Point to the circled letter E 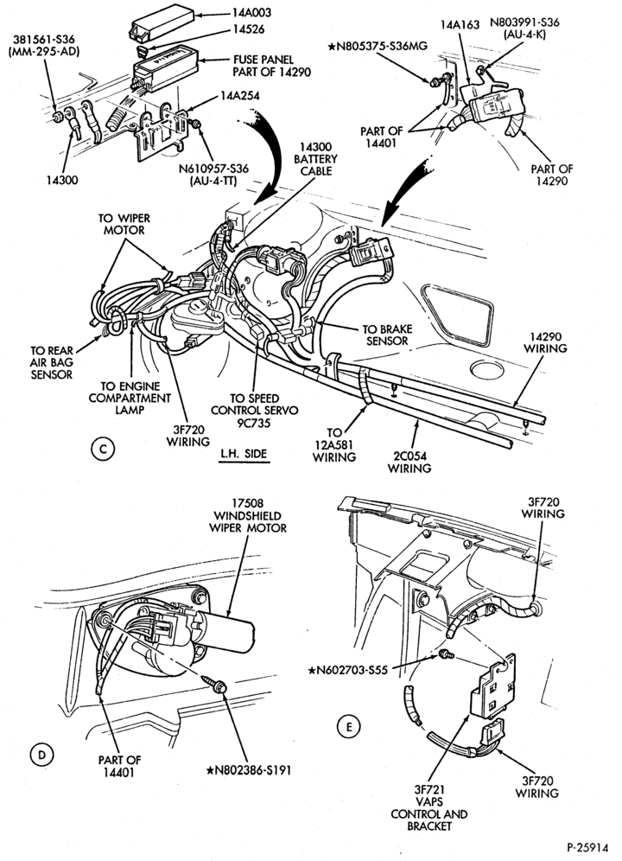(348, 727)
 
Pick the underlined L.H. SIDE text (244, 454)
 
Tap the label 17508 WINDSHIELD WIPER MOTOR (248, 515)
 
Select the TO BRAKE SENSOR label (386, 335)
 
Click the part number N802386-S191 (249, 770)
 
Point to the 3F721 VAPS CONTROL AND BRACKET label (428, 807)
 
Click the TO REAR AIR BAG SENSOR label (51, 362)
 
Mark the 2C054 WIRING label (409, 462)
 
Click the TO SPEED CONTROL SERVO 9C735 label (254, 411)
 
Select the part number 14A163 (460, 24)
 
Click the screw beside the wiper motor (215, 682)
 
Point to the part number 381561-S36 (44, 40)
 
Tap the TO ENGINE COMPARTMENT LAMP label (130, 399)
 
